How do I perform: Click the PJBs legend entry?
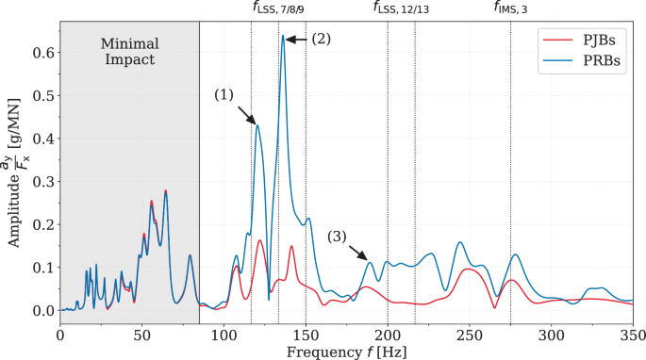(598, 41)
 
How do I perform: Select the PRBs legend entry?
(598, 63)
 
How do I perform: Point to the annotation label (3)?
(338, 236)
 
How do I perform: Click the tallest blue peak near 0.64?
(282, 37)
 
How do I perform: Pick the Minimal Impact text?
(129, 52)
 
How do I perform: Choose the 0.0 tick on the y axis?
(41, 310)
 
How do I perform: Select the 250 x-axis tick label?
(469, 333)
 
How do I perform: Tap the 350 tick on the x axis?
(632, 333)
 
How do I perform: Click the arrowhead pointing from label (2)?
(289, 40)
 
